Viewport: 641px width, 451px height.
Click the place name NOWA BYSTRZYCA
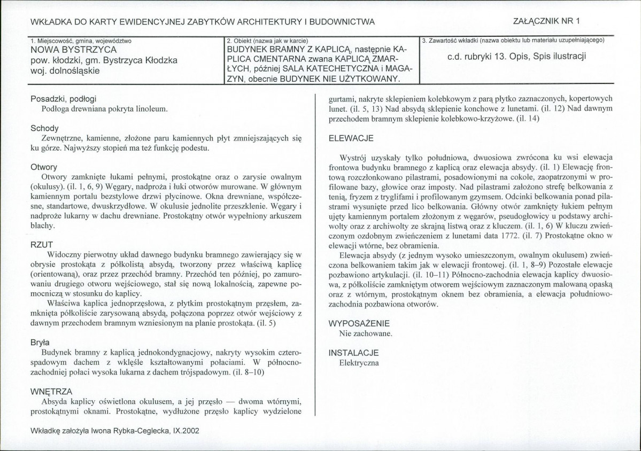(64, 51)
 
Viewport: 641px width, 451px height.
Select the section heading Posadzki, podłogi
(64, 99)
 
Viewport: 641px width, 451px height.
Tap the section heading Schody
(45, 128)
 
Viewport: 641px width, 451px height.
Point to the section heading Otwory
(44, 167)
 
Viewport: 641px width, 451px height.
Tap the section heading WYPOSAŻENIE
(359, 323)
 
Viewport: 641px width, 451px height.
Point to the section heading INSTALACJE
(353, 353)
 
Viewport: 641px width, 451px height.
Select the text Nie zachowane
(366, 333)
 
